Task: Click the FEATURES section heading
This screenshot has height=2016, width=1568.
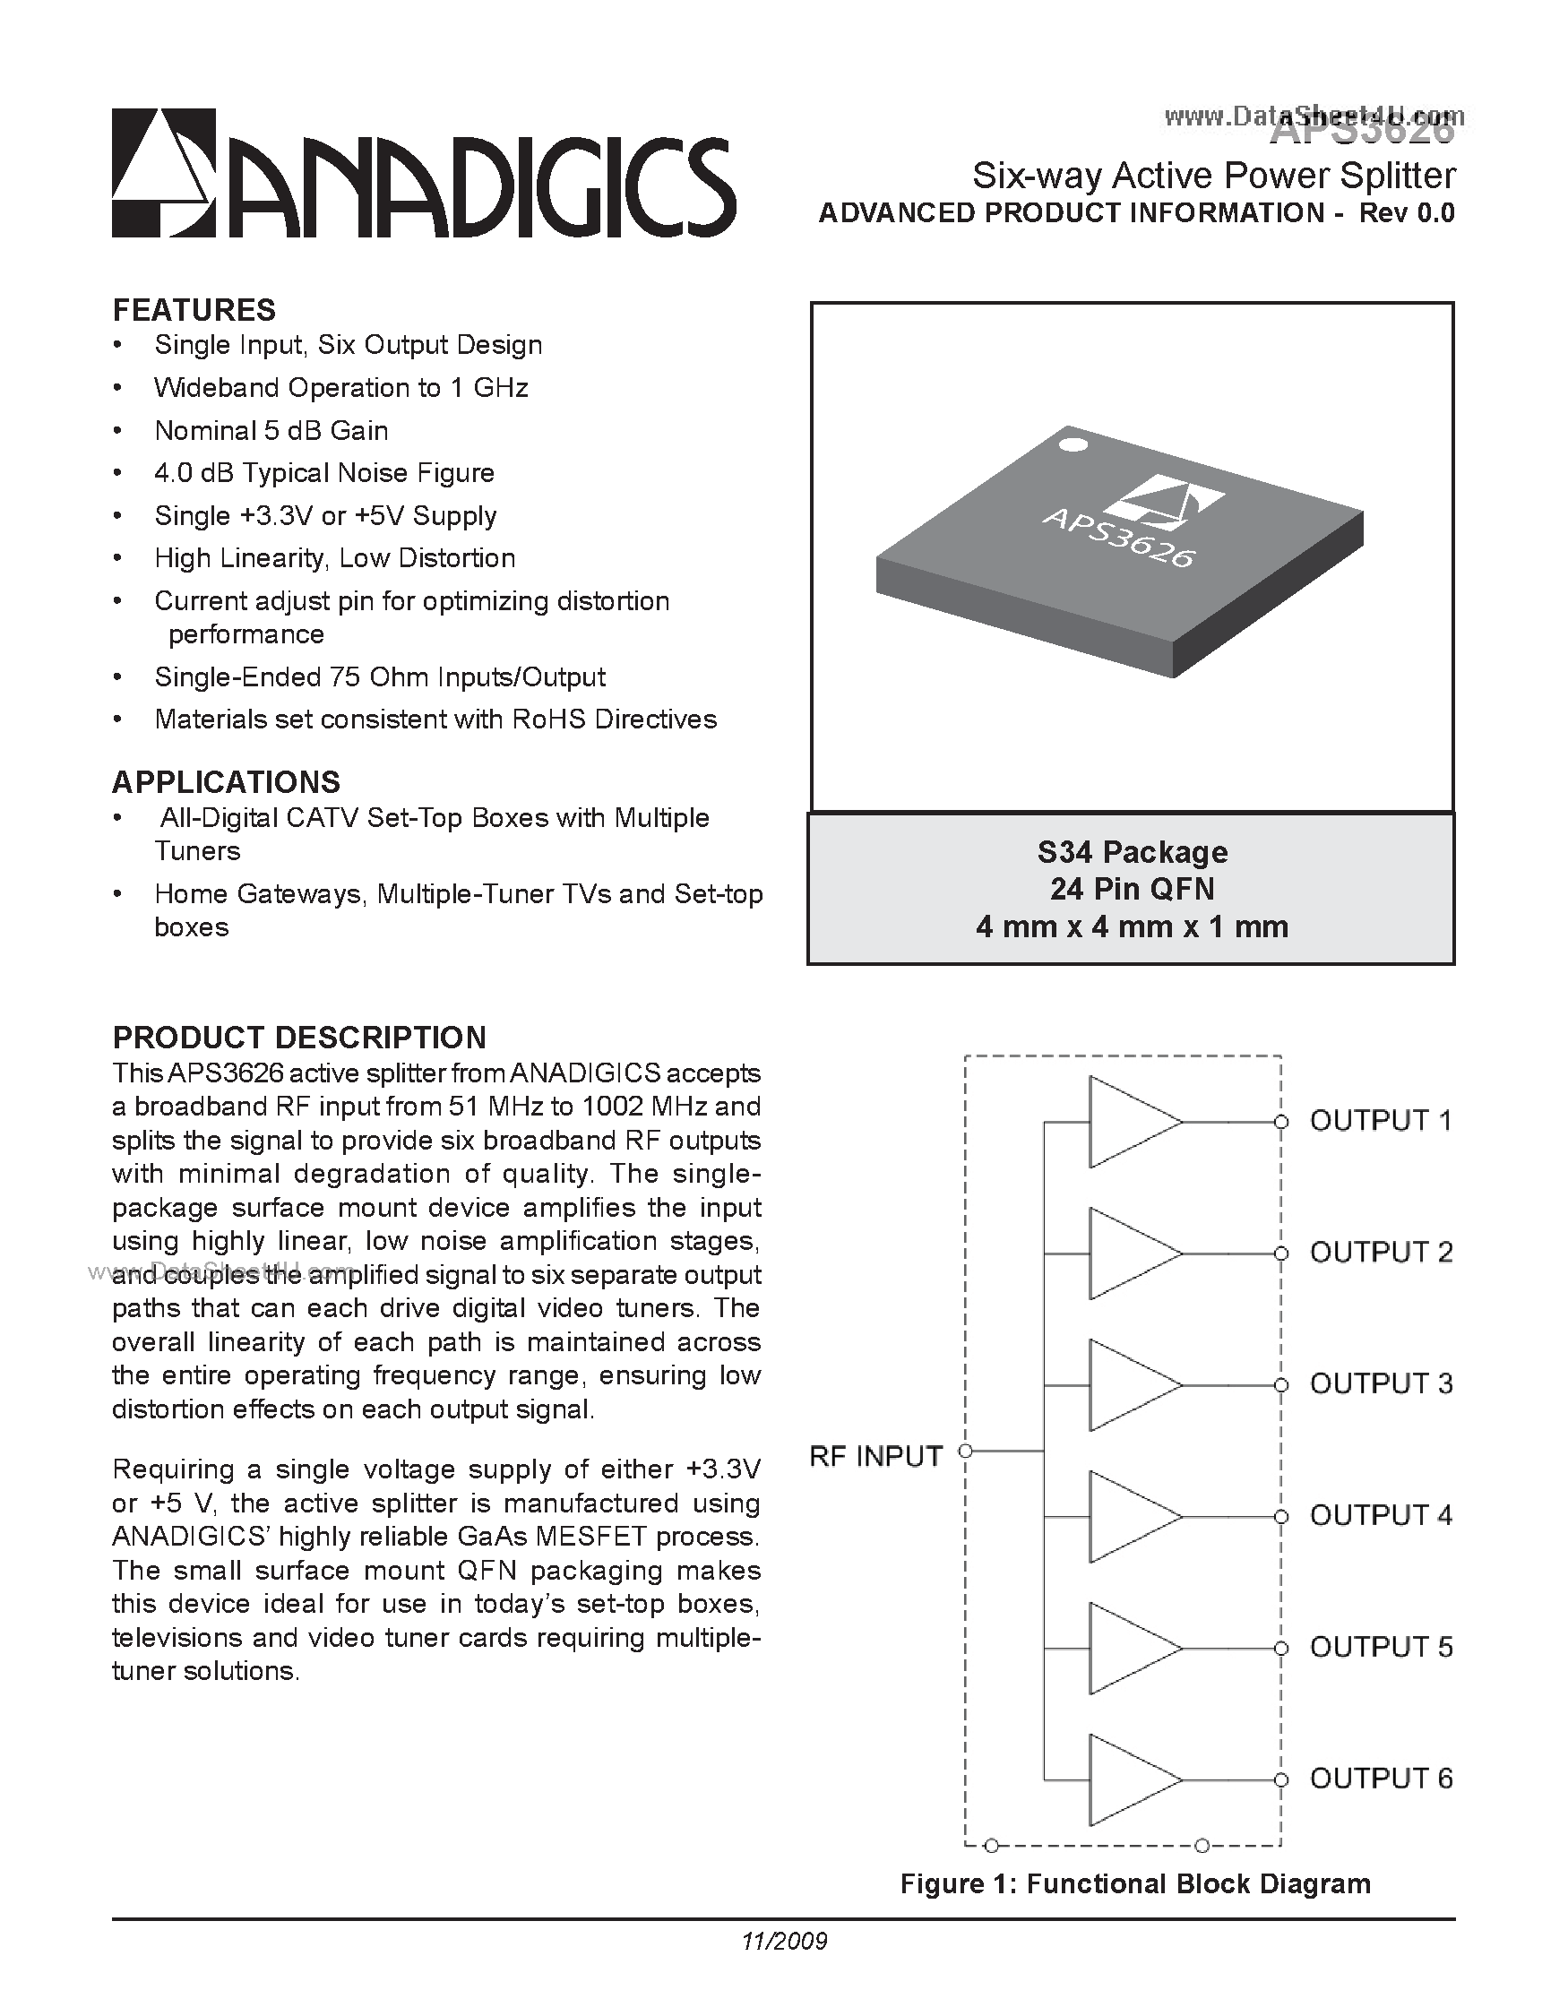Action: point(194,310)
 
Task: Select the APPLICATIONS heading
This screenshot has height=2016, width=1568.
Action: point(226,782)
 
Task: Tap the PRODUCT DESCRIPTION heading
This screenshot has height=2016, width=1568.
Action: point(299,1038)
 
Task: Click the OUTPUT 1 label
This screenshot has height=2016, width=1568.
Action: point(1380,1121)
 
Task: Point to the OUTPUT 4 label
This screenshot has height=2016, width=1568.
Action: point(1380,1516)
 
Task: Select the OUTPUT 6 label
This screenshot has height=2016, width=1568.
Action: point(1380,1779)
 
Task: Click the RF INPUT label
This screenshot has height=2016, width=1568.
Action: point(875,1457)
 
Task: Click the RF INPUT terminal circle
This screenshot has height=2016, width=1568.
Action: point(966,1452)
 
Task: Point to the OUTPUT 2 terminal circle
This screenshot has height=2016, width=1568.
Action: point(1280,1254)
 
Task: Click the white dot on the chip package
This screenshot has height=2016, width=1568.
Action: point(1072,445)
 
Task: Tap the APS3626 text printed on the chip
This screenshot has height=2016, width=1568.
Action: point(1118,538)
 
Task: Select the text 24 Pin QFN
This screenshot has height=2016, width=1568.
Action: point(1132,889)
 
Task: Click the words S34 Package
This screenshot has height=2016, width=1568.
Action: point(1132,851)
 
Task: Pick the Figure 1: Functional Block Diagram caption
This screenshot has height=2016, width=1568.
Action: point(1135,1884)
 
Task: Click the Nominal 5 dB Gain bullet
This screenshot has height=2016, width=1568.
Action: point(271,431)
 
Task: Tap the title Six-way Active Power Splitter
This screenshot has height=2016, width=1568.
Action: point(1213,175)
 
